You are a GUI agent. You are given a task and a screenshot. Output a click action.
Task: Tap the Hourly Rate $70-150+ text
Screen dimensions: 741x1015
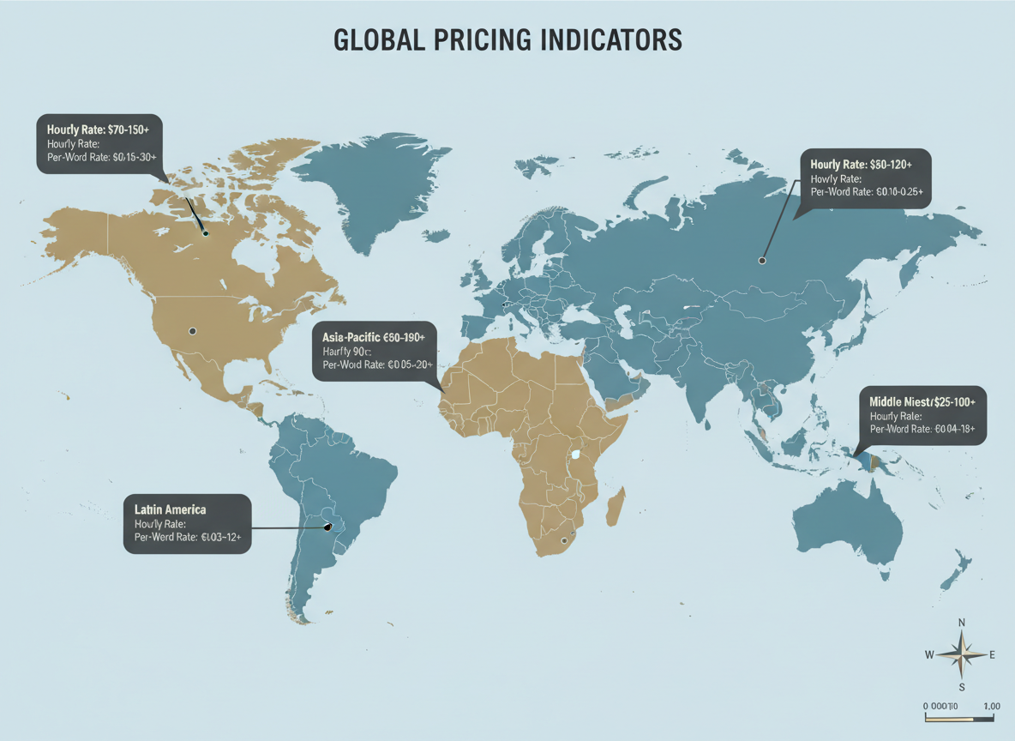pos(93,129)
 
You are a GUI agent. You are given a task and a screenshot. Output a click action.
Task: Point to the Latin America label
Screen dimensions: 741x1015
pos(170,509)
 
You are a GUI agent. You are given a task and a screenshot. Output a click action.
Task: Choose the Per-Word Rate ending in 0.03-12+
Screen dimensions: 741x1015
pos(188,537)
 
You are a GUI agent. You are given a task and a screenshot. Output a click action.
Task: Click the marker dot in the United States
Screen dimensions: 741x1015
pos(192,330)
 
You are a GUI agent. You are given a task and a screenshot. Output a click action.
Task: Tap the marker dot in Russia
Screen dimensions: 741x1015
pos(761,260)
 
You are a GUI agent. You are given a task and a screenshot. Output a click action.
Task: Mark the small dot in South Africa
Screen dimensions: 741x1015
pos(563,540)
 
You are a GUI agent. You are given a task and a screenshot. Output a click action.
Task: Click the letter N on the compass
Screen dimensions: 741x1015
pos(962,624)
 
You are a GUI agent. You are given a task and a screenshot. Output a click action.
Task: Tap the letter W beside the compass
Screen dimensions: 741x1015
pos(929,655)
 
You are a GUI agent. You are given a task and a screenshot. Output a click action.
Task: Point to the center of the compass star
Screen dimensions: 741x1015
pos(962,654)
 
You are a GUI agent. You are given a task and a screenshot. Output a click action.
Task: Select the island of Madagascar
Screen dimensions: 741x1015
pos(614,506)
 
